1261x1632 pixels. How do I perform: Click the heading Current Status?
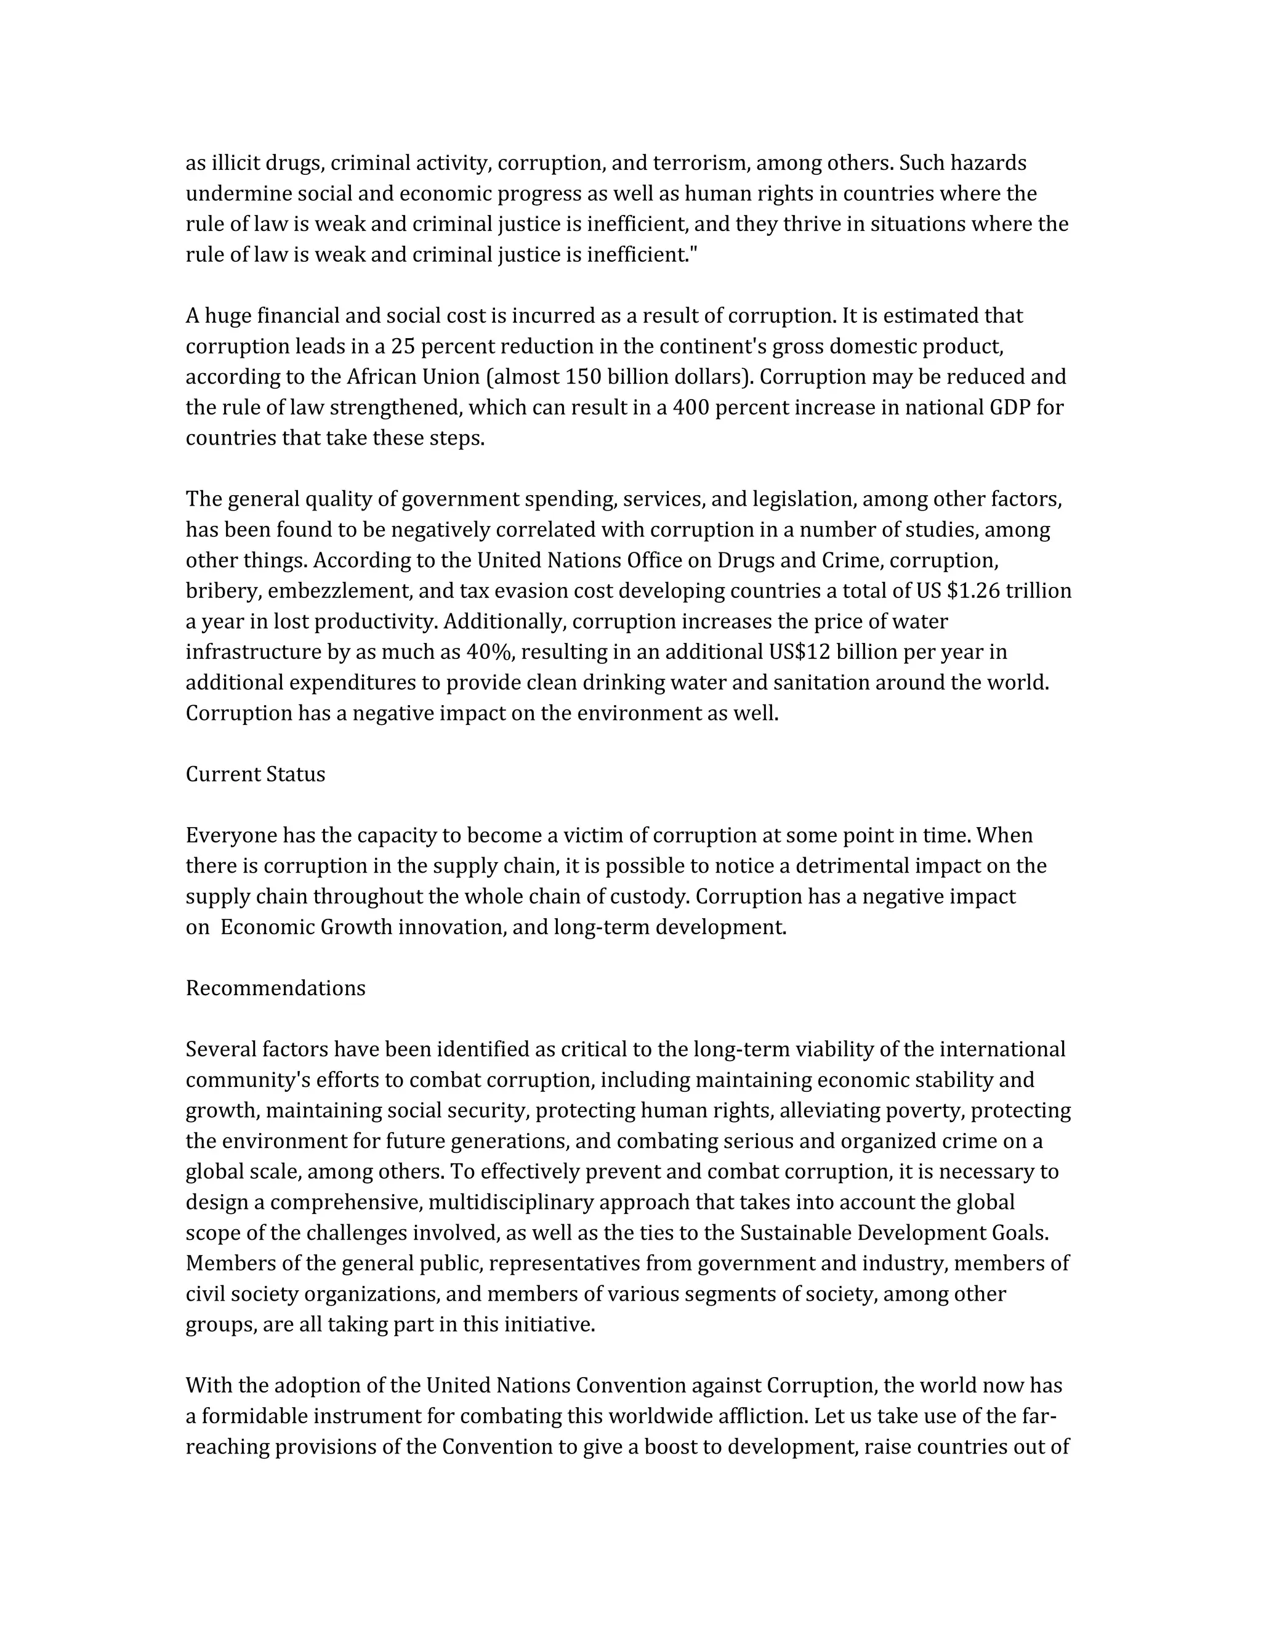[255, 774]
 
